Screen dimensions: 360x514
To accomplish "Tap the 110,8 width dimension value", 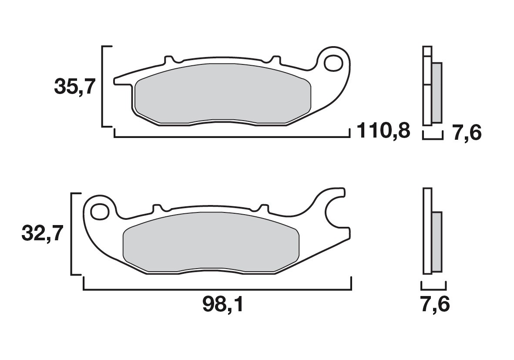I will coord(383,130).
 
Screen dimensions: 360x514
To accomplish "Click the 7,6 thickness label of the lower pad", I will coord(435,304).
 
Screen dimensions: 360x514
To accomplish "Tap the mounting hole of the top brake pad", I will coord(336,62).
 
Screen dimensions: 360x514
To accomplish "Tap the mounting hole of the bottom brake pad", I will coord(100,212).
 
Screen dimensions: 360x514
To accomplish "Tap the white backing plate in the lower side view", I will coord(427,231).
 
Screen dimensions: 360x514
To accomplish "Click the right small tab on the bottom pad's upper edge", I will coord(263,207).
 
